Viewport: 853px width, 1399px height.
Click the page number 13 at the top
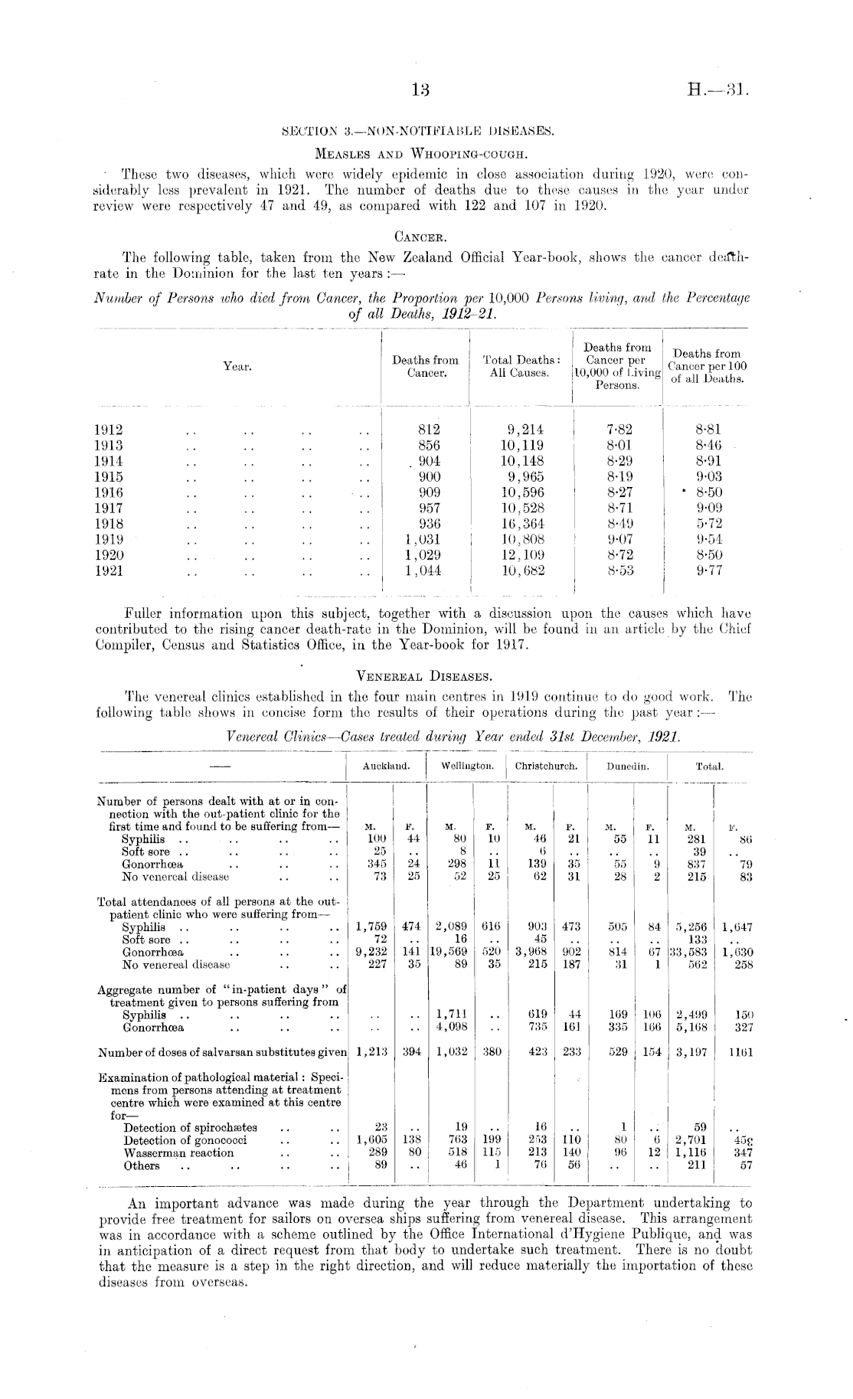421,90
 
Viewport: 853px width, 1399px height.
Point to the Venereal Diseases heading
424,676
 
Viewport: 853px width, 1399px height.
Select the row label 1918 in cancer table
109,524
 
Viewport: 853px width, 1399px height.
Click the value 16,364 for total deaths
522,524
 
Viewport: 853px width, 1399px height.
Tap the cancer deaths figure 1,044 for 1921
423,570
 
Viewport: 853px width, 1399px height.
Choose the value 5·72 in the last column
708,524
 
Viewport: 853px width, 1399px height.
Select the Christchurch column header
546,766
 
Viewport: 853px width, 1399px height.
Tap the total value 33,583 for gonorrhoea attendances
690,953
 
